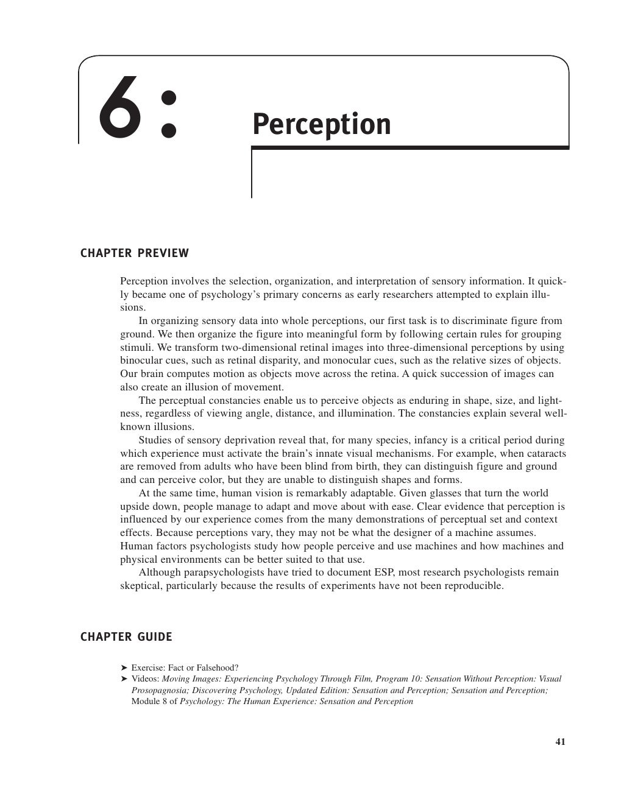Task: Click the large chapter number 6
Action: (x=119, y=107)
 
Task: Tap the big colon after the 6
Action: (x=167, y=113)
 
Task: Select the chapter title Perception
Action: (x=321, y=124)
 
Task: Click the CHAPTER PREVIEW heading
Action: (x=135, y=253)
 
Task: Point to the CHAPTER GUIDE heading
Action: (x=126, y=637)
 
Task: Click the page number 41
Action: (x=560, y=742)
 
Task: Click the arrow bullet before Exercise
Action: (x=124, y=668)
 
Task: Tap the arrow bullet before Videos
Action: (x=124, y=678)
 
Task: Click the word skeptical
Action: (x=140, y=586)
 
